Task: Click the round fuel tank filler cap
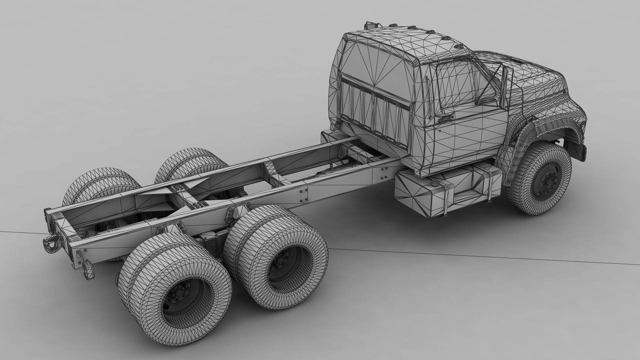point(434,183)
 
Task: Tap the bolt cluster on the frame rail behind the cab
point(383,171)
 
